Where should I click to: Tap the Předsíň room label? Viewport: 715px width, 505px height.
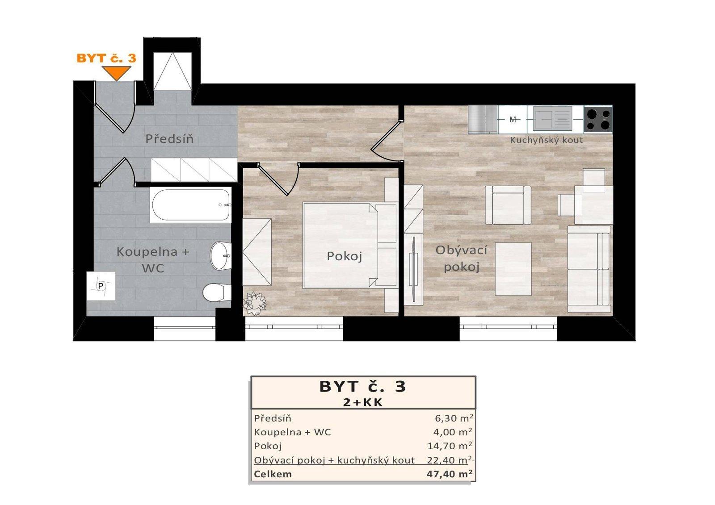pyautogui.click(x=169, y=139)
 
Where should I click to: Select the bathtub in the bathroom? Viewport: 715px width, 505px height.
pyautogui.click(x=191, y=205)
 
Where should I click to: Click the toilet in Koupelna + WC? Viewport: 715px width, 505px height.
pyautogui.click(x=216, y=293)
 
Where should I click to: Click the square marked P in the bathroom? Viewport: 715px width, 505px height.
pyautogui.click(x=101, y=286)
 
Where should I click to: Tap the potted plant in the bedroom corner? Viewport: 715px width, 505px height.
pyautogui.click(x=254, y=304)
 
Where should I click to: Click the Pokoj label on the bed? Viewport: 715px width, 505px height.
pyautogui.click(x=344, y=256)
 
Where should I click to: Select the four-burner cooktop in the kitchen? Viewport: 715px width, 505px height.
pyautogui.click(x=598, y=119)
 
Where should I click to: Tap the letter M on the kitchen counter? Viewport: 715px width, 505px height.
pyautogui.click(x=513, y=120)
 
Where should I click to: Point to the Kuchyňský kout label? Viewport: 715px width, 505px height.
pyautogui.click(x=546, y=140)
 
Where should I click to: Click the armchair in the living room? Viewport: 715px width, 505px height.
pyautogui.click(x=509, y=205)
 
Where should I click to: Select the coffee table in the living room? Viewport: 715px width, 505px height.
pyautogui.click(x=513, y=269)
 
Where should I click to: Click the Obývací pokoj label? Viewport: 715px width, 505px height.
pyautogui.click(x=461, y=259)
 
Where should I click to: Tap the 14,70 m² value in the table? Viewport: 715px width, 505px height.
pyautogui.click(x=450, y=446)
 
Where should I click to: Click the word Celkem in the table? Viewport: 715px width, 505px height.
pyautogui.click(x=273, y=474)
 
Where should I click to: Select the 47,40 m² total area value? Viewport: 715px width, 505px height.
pyautogui.click(x=450, y=474)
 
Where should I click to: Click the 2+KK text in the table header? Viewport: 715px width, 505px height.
pyautogui.click(x=363, y=402)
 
